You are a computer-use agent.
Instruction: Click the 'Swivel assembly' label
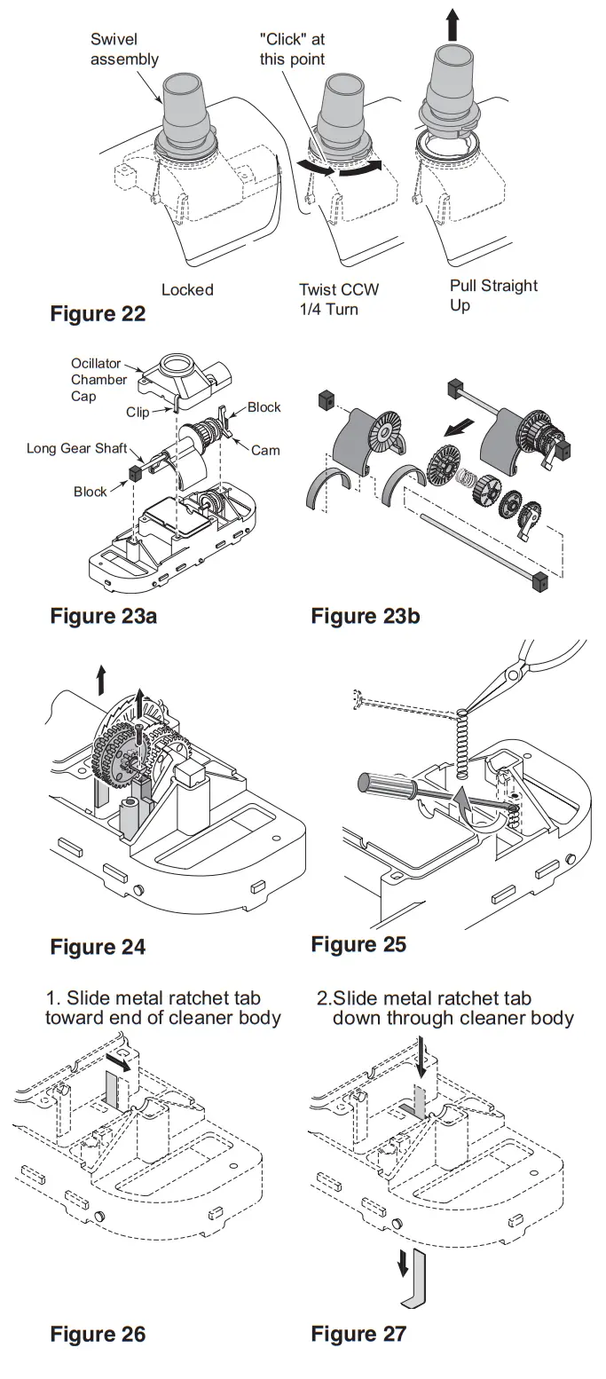click(x=124, y=50)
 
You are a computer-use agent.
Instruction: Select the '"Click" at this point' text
click(x=292, y=50)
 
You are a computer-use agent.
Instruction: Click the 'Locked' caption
click(x=187, y=290)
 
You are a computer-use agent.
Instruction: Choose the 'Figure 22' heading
click(x=98, y=314)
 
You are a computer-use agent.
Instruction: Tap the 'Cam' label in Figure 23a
click(x=265, y=450)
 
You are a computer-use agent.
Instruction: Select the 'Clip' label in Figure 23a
click(x=137, y=412)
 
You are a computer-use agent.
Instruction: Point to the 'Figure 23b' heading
click(x=365, y=616)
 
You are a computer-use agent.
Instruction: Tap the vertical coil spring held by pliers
click(x=461, y=744)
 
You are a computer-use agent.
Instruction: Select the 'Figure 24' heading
click(x=98, y=946)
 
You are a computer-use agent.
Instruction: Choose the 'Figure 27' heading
click(x=358, y=1334)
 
